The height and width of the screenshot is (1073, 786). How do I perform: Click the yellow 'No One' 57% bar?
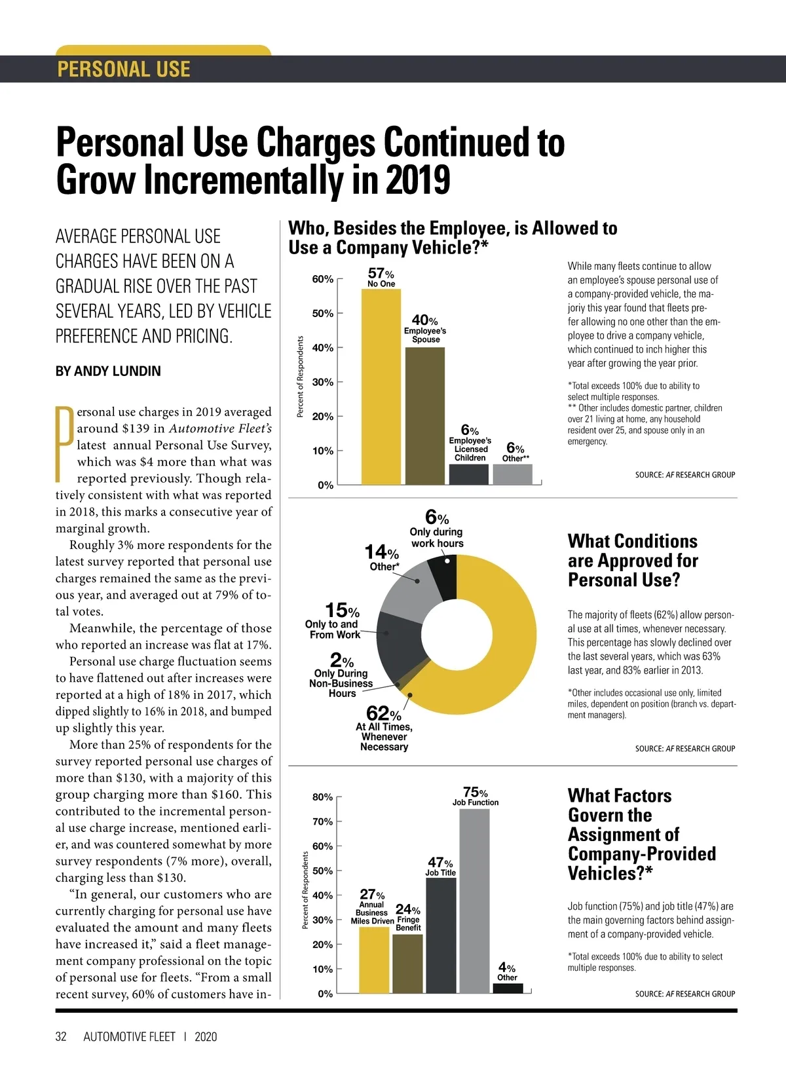[381, 386]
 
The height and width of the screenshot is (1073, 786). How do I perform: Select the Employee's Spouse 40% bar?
[425, 416]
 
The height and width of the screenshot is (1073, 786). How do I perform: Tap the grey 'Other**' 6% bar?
[512, 474]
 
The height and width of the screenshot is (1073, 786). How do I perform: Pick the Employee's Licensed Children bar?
[469, 474]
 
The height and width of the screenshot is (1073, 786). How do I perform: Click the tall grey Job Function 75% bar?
[475, 901]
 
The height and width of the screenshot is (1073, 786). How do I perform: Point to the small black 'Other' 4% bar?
[508, 988]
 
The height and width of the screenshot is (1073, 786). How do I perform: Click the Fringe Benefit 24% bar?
[407, 963]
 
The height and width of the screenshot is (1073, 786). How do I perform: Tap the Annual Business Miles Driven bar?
[374, 960]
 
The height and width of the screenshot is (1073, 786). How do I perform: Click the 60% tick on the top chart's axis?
[323, 279]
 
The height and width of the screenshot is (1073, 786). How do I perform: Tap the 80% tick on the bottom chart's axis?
[323, 797]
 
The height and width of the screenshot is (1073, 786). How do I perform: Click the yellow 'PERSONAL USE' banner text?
[124, 69]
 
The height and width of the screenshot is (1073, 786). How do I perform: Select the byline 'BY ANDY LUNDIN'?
[108, 371]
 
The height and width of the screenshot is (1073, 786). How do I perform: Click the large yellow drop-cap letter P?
[64, 444]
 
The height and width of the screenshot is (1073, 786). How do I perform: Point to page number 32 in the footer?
[61, 1036]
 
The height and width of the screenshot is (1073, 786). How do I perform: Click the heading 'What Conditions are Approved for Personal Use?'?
[633, 561]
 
